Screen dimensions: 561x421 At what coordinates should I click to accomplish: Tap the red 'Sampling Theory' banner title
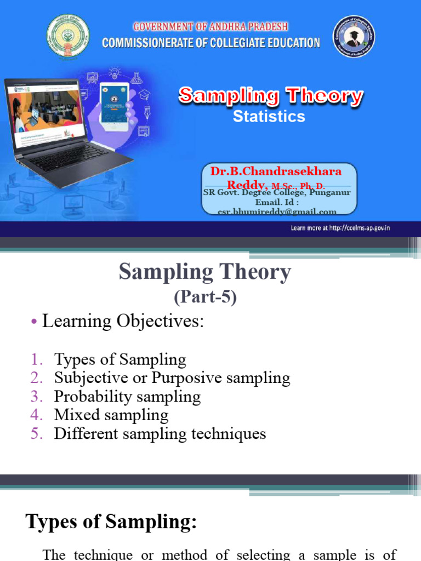point(270,96)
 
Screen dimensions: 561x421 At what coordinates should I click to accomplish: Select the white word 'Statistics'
point(269,116)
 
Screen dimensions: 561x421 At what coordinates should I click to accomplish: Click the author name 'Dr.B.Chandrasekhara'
point(276,171)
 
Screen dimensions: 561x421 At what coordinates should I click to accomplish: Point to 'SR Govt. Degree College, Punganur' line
point(277,193)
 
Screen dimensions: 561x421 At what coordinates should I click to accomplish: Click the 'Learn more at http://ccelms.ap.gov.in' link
point(340,228)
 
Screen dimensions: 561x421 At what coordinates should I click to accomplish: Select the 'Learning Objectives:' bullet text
point(123,322)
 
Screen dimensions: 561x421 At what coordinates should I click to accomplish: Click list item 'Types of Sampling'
point(120,359)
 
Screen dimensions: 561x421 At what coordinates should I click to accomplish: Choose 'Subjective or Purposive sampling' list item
point(172,378)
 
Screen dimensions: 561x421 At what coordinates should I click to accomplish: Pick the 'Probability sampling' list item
point(127,397)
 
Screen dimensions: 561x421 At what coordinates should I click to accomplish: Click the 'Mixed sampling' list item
point(111,415)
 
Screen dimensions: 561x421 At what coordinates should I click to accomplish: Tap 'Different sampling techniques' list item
point(160,434)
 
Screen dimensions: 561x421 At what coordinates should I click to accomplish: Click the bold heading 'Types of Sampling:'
point(111,522)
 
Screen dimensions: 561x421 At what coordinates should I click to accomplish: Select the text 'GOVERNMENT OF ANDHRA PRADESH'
point(210,27)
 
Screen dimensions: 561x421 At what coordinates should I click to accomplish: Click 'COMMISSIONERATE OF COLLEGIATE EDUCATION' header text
point(211,43)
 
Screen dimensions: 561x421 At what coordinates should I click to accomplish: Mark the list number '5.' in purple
point(36,434)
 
